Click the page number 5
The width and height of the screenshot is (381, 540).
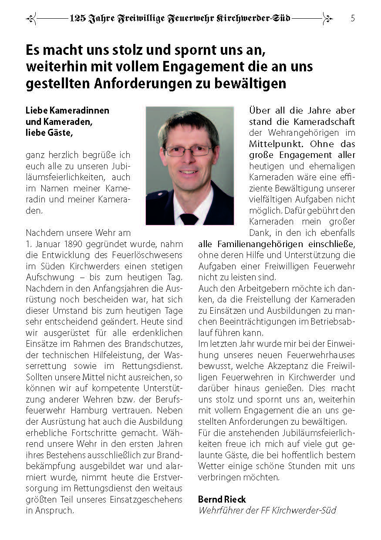click(x=352, y=18)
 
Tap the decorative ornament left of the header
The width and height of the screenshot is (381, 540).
click(x=31, y=19)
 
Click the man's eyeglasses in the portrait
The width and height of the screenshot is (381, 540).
click(x=189, y=151)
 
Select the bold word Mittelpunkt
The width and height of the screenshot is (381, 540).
click(x=273, y=144)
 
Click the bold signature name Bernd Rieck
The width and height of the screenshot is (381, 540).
click(x=222, y=499)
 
